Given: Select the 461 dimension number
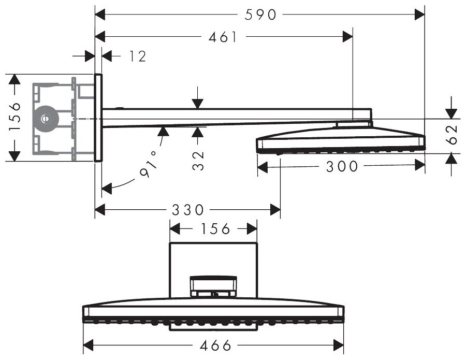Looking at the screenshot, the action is point(224,37).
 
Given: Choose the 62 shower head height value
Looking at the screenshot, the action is point(452,135).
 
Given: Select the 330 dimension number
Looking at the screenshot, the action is point(187,210).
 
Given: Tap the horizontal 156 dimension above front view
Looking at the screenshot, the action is point(213,229).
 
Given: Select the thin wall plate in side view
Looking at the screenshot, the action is point(98,118).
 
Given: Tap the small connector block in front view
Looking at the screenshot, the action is point(213,285).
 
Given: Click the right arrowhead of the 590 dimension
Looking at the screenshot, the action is point(420,15).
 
